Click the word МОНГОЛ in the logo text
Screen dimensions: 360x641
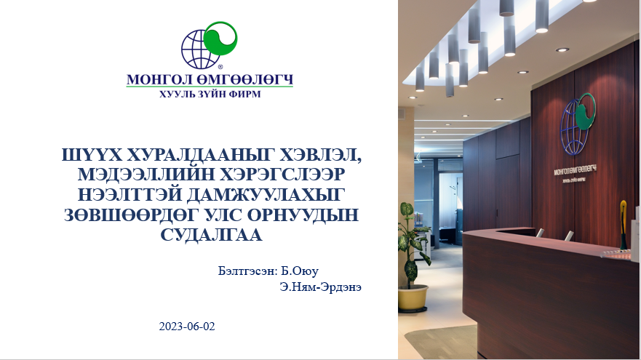154,78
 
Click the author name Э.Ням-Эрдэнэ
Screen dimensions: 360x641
320,287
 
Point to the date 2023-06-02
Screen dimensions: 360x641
187,327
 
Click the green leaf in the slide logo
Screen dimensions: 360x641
220,39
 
